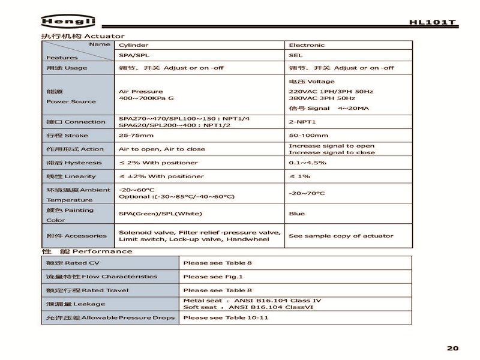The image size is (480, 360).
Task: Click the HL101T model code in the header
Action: click(433, 23)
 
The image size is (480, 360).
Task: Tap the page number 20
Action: click(452, 348)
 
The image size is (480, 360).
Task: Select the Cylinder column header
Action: click(133, 45)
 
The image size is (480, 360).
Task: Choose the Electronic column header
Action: click(307, 45)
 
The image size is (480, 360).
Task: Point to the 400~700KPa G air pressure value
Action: click(147, 98)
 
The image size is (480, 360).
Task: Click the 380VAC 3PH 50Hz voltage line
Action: click(322, 98)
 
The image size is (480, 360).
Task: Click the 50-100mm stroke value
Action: click(308, 136)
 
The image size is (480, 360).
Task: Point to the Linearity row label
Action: click(71, 176)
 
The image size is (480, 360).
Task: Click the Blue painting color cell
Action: click(296, 214)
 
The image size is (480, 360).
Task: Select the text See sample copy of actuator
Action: click(341, 236)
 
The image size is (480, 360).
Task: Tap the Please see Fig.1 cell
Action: click(212, 277)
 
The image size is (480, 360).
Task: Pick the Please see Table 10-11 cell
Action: click(225, 317)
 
